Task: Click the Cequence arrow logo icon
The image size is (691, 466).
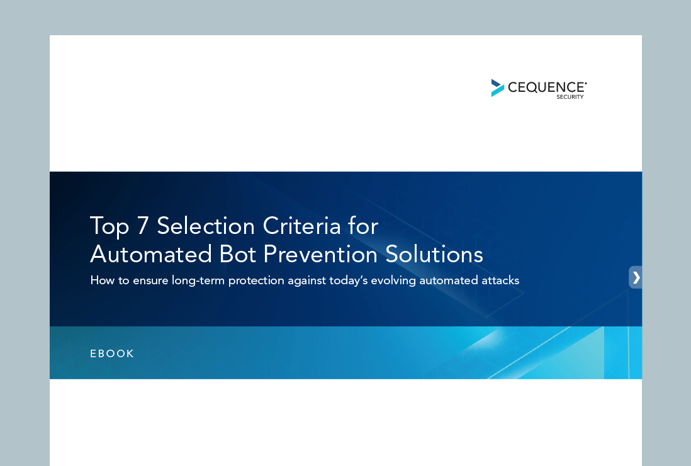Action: [x=498, y=87]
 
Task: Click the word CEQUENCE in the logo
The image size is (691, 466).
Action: [x=546, y=87]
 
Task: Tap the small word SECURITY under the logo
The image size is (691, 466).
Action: [x=570, y=97]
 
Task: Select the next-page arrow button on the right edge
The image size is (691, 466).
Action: [x=636, y=277]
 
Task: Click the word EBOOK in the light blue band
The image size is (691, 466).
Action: [x=112, y=353]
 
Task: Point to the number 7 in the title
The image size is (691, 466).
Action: [x=142, y=226]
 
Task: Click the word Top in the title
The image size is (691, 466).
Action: [x=110, y=227]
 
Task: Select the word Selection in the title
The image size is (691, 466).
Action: [x=206, y=226]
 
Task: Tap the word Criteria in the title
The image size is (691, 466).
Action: [x=302, y=226]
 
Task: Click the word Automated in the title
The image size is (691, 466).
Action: [x=150, y=254]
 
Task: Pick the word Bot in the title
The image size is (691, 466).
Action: [x=237, y=254]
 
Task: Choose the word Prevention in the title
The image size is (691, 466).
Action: [x=320, y=254]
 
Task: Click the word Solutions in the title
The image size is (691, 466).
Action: [x=434, y=254]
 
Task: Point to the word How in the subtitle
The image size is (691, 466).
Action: [x=102, y=280]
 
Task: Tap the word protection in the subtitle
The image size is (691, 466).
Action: [x=256, y=281]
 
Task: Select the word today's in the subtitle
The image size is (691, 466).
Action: [x=348, y=281]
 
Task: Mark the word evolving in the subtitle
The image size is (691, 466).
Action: [x=393, y=281]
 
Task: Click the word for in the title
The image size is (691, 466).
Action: [x=363, y=226]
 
